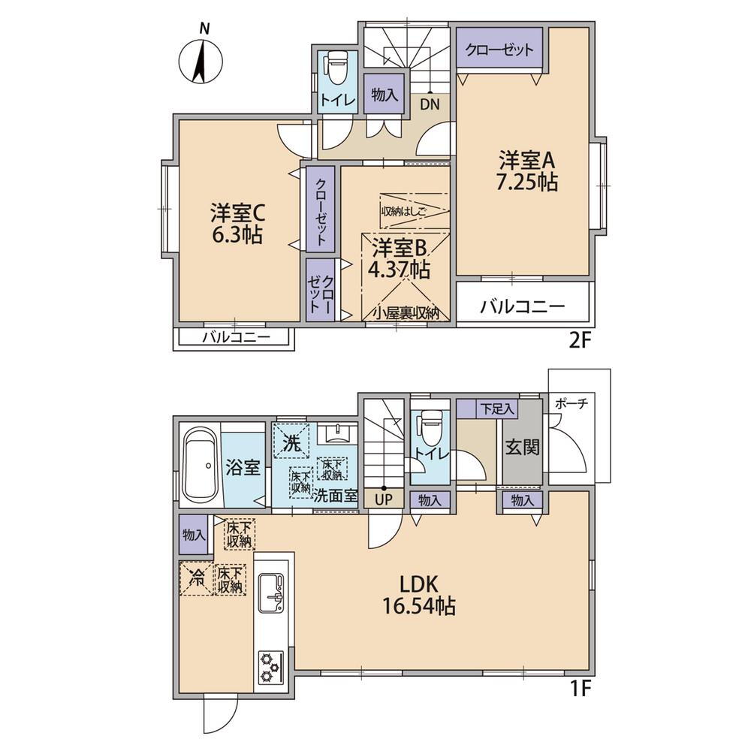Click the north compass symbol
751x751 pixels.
201,60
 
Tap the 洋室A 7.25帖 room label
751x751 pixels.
527,171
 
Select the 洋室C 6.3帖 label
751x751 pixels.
237,224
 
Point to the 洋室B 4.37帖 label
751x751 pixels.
398,259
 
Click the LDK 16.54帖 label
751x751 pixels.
418,596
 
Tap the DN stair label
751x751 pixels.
430,104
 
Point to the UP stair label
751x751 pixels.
383,500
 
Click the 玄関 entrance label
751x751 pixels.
522,448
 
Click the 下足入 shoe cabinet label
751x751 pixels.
497,409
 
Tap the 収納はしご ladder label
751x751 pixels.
404,211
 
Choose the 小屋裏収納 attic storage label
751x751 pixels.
406,313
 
